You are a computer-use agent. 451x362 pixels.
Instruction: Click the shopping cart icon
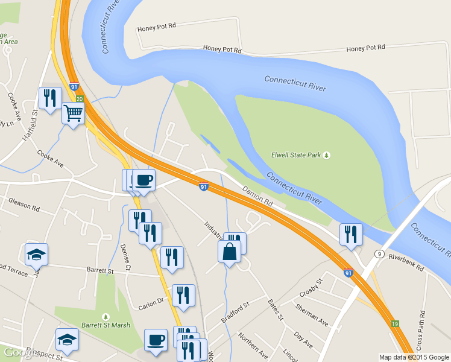pos(73,112)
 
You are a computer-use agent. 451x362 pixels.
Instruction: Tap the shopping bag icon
pos(229,251)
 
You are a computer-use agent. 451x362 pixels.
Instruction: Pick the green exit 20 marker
pos(79,98)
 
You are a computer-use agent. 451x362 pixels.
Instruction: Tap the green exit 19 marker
pos(394,324)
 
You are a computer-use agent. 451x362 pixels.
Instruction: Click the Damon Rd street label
pos(258,197)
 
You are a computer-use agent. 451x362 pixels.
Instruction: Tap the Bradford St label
pos(235,313)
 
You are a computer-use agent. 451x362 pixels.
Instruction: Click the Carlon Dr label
pos(152,300)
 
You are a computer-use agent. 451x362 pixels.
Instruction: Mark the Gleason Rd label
pos(24,205)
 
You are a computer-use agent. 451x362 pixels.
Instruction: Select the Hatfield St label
pos(31,124)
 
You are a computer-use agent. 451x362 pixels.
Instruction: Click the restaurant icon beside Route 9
pos(351,234)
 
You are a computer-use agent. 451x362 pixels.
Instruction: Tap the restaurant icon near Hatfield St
pos(49,97)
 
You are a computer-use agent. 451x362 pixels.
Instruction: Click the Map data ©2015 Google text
pos(414,357)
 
